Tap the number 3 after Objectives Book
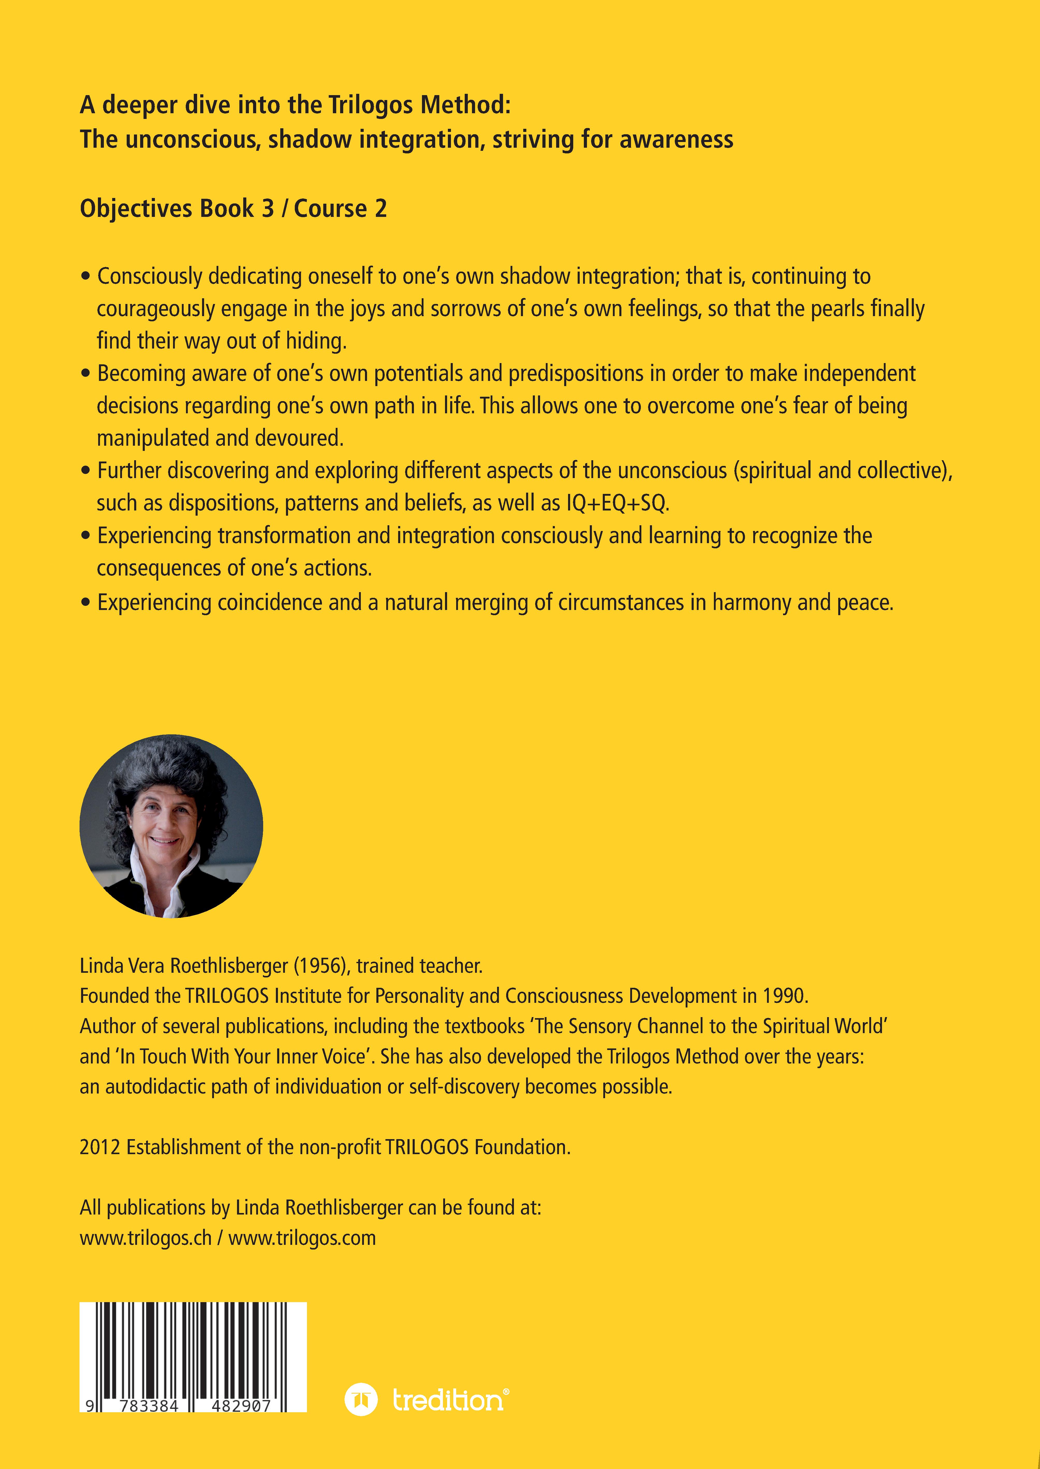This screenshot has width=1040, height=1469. (268, 209)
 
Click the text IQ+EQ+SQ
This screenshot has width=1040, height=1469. (617, 503)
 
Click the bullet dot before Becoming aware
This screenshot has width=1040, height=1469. (86, 373)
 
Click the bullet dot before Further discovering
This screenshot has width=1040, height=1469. (86, 471)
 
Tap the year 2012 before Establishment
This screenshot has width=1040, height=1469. (100, 1147)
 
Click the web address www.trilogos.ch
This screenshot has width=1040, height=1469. (145, 1238)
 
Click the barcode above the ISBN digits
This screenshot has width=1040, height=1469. (192, 1345)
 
